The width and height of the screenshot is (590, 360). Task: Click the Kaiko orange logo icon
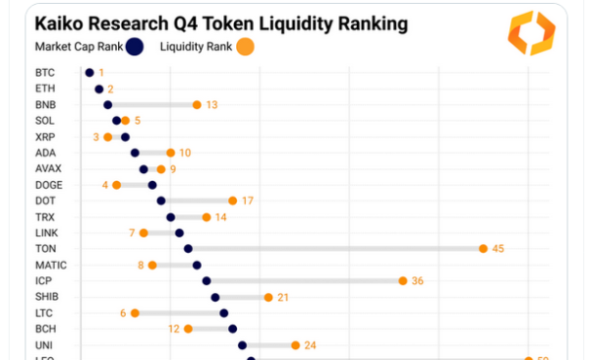pos(531,33)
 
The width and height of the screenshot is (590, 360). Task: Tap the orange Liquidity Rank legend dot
pos(246,45)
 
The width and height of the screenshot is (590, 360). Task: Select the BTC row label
pos(44,73)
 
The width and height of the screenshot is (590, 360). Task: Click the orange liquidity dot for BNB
pos(197,104)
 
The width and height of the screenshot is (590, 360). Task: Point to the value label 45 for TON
pos(498,249)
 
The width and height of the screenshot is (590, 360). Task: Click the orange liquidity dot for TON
pos(483,249)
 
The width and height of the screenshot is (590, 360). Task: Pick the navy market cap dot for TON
pos(188,249)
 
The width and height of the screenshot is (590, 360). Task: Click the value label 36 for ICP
pos(417,280)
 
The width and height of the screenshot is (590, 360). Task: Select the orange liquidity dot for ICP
pos(403,280)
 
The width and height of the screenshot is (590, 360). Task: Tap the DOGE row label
pos(48,185)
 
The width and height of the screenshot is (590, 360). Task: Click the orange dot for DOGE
pos(116,185)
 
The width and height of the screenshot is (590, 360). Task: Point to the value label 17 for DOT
pos(248,201)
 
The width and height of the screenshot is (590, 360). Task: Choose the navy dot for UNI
pos(242,345)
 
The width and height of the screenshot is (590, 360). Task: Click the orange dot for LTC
pos(135,313)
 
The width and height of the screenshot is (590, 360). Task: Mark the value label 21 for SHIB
pos(283,297)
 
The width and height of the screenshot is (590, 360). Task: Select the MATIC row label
pos(51,265)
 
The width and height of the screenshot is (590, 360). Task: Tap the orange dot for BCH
pos(188,329)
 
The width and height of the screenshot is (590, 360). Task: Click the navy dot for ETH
pos(98,89)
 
